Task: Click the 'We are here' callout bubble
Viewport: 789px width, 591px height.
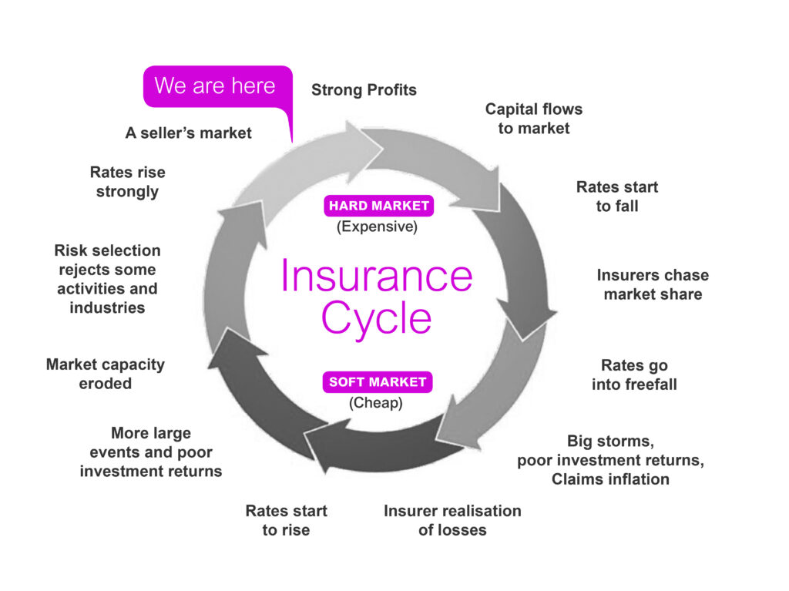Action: pyautogui.click(x=217, y=86)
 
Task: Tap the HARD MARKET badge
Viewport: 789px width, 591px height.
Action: pyautogui.click(x=379, y=206)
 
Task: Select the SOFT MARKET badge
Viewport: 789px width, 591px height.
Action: pyautogui.click(x=378, y=381)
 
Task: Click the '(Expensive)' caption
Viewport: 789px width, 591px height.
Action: pyautogui.click(x=377, y=227)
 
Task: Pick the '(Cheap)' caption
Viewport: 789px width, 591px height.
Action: pyautogui.click(x=376, y=403)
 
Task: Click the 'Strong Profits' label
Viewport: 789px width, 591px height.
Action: pyautogui.click(x=364, y=89)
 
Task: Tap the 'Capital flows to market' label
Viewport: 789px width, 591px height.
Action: pyautogui.click(x=534, y=119)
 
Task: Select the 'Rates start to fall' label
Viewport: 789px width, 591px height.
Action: pyautogui.click(x=617, y=196)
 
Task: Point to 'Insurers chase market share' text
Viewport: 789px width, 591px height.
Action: pyautogui.click(x=653, y=284)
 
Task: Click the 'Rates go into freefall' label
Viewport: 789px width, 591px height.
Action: pyautogui.click(x=634, y=374)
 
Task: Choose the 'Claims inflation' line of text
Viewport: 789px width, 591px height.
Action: pyautogui.click(x=610, y=479)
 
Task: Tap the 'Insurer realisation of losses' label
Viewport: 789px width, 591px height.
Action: pyautogui.click(x=452, y=520)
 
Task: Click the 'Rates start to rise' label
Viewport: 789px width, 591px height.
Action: pyautogui.click(x=286, y=520)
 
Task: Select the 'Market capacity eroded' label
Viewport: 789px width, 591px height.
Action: pyautogui.click(x=105, y=374)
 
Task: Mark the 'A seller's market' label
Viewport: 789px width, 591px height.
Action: pyautogui.click(x=188, y=133)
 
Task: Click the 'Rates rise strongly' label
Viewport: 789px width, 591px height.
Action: pyautogui.click(x=127, y=182)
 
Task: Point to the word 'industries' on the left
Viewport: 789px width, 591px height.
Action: pyautogui.click(x=107, y=307)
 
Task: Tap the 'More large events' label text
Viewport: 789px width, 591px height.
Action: pyautogui.click(x=151, y=442)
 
